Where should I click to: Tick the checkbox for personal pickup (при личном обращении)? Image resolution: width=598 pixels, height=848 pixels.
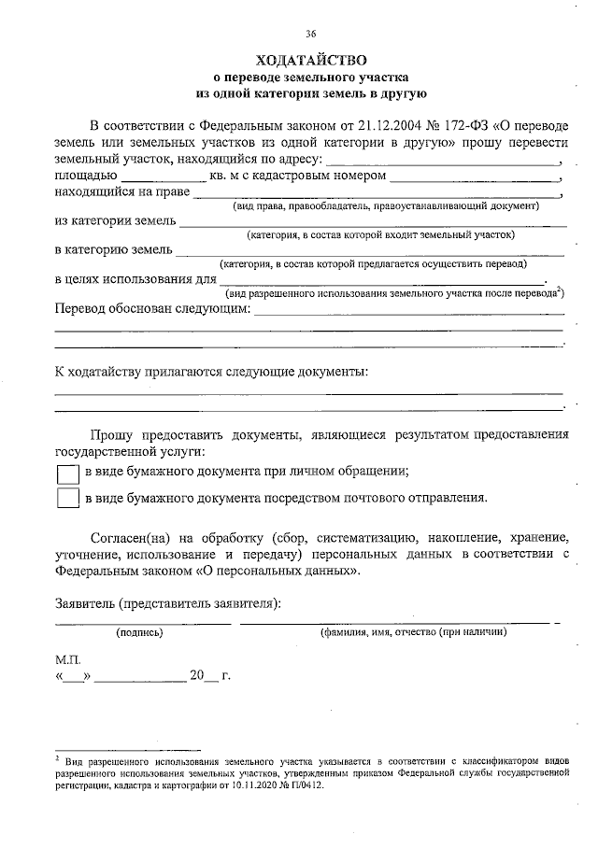click(67, 473)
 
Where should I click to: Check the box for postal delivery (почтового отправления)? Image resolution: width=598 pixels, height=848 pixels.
click(67, 498)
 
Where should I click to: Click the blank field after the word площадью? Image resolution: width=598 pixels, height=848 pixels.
click(164, 177)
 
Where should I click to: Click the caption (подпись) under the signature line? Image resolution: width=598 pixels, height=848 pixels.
click(139, 632)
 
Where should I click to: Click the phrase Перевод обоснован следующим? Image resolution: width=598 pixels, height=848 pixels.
click(152, 310)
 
